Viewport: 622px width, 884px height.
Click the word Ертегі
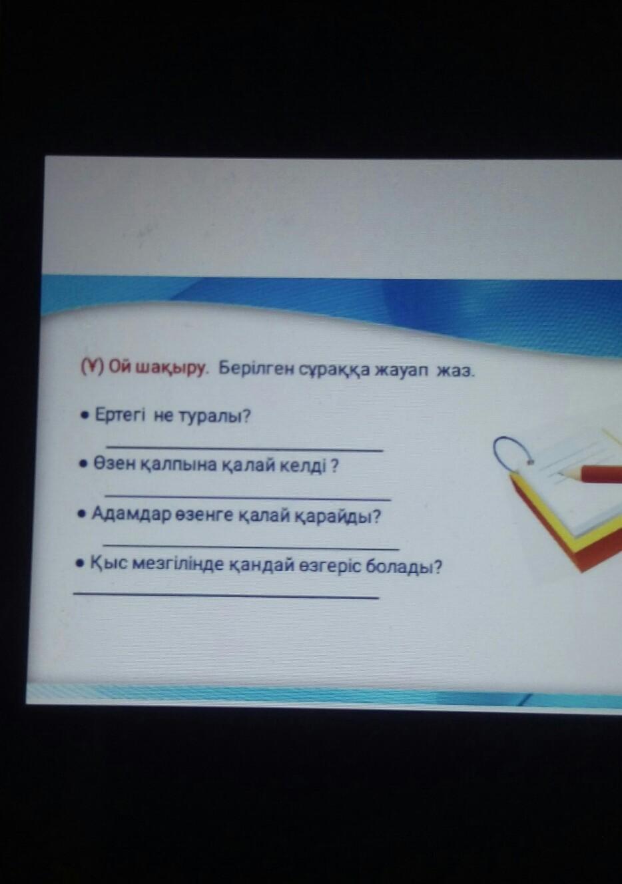tap(121, 416)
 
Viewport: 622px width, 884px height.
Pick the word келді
tap(302, 467)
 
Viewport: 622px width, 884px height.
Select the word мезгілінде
tap(180, 566)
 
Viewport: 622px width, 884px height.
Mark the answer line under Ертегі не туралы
tap(245, 448)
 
